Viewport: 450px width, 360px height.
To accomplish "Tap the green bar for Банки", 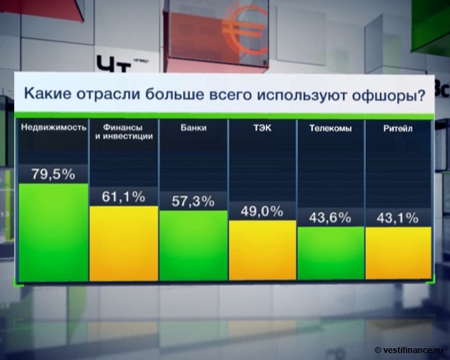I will point(193,246).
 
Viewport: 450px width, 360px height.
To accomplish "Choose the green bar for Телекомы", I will point(330,255).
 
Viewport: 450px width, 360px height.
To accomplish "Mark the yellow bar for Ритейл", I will point(398,255).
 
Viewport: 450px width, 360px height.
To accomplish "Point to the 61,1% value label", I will point(124,198).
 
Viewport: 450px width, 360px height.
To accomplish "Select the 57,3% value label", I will point(193,202).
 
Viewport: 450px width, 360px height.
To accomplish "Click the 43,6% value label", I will point(330,218).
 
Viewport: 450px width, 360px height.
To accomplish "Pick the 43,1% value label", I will point(398,218).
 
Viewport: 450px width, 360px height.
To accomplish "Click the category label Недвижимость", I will point(53,128).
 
